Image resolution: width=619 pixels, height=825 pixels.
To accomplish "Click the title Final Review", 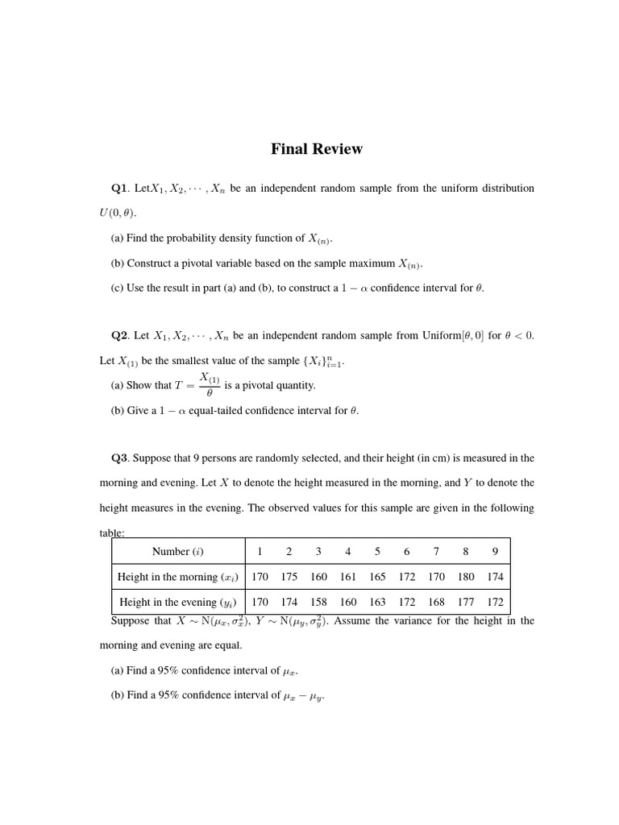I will click(316, 149).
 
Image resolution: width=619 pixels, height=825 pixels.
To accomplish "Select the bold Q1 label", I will click(119, 189).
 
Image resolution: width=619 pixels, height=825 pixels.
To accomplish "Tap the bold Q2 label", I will click(119, 336).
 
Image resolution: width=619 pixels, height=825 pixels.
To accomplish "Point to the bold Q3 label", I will click(119, 458).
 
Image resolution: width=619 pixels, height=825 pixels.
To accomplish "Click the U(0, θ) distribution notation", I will click(118, 214).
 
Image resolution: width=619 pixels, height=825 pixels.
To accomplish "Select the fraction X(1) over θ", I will click(210, 385).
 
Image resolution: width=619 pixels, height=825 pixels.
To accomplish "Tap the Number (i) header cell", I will click(177, 552).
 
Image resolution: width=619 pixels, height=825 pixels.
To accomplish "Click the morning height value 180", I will click(466, 578).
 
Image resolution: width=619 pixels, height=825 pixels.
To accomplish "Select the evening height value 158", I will click(318, 603).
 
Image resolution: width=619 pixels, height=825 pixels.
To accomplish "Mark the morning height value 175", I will click(289, 578).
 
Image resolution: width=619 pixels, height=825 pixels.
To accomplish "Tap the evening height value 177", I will click(466, 603).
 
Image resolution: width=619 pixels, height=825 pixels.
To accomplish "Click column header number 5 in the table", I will click(377, 552).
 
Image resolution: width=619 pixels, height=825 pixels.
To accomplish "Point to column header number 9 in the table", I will click(495, 552).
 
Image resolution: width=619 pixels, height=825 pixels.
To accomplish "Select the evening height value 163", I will click(377, 603).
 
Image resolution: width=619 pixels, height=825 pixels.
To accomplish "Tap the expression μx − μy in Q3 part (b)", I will click(304, 696).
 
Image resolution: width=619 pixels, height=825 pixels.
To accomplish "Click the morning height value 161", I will click(347, 578).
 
